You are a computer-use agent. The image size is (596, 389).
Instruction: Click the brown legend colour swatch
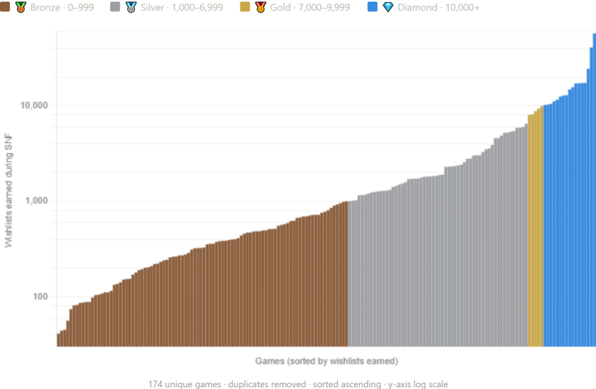click(x=7, y=16)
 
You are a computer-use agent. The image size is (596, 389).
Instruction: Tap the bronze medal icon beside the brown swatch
click(x=21, y=8)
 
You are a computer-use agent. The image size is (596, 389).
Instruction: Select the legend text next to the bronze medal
click(x=62, y=16)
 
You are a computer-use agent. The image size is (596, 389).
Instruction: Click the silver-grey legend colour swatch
click(x=117, y=16)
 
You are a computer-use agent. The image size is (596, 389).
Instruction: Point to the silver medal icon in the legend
click(x=131, y=8)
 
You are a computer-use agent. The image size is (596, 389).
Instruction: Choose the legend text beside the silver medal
click(x=182, y=16)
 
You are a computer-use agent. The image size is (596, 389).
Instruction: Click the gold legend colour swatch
click(x=247, y=16)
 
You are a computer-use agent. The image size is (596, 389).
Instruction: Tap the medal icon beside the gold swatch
click(x=260, y=8)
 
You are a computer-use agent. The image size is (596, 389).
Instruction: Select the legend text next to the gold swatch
click(x=317, y=16)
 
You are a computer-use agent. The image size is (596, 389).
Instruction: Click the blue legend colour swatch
click(x=375, y=16)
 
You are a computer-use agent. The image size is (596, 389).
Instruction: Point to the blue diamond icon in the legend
click(x=388, y=7)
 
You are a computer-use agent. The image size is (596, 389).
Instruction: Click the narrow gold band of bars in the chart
click(x=535, y=245)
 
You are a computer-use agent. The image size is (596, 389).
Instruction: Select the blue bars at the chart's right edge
click(x=567, y=233)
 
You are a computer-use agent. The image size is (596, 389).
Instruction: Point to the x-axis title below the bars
click(x=327, y=362)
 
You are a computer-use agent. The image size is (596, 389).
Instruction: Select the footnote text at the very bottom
click(x=297, y=384)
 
